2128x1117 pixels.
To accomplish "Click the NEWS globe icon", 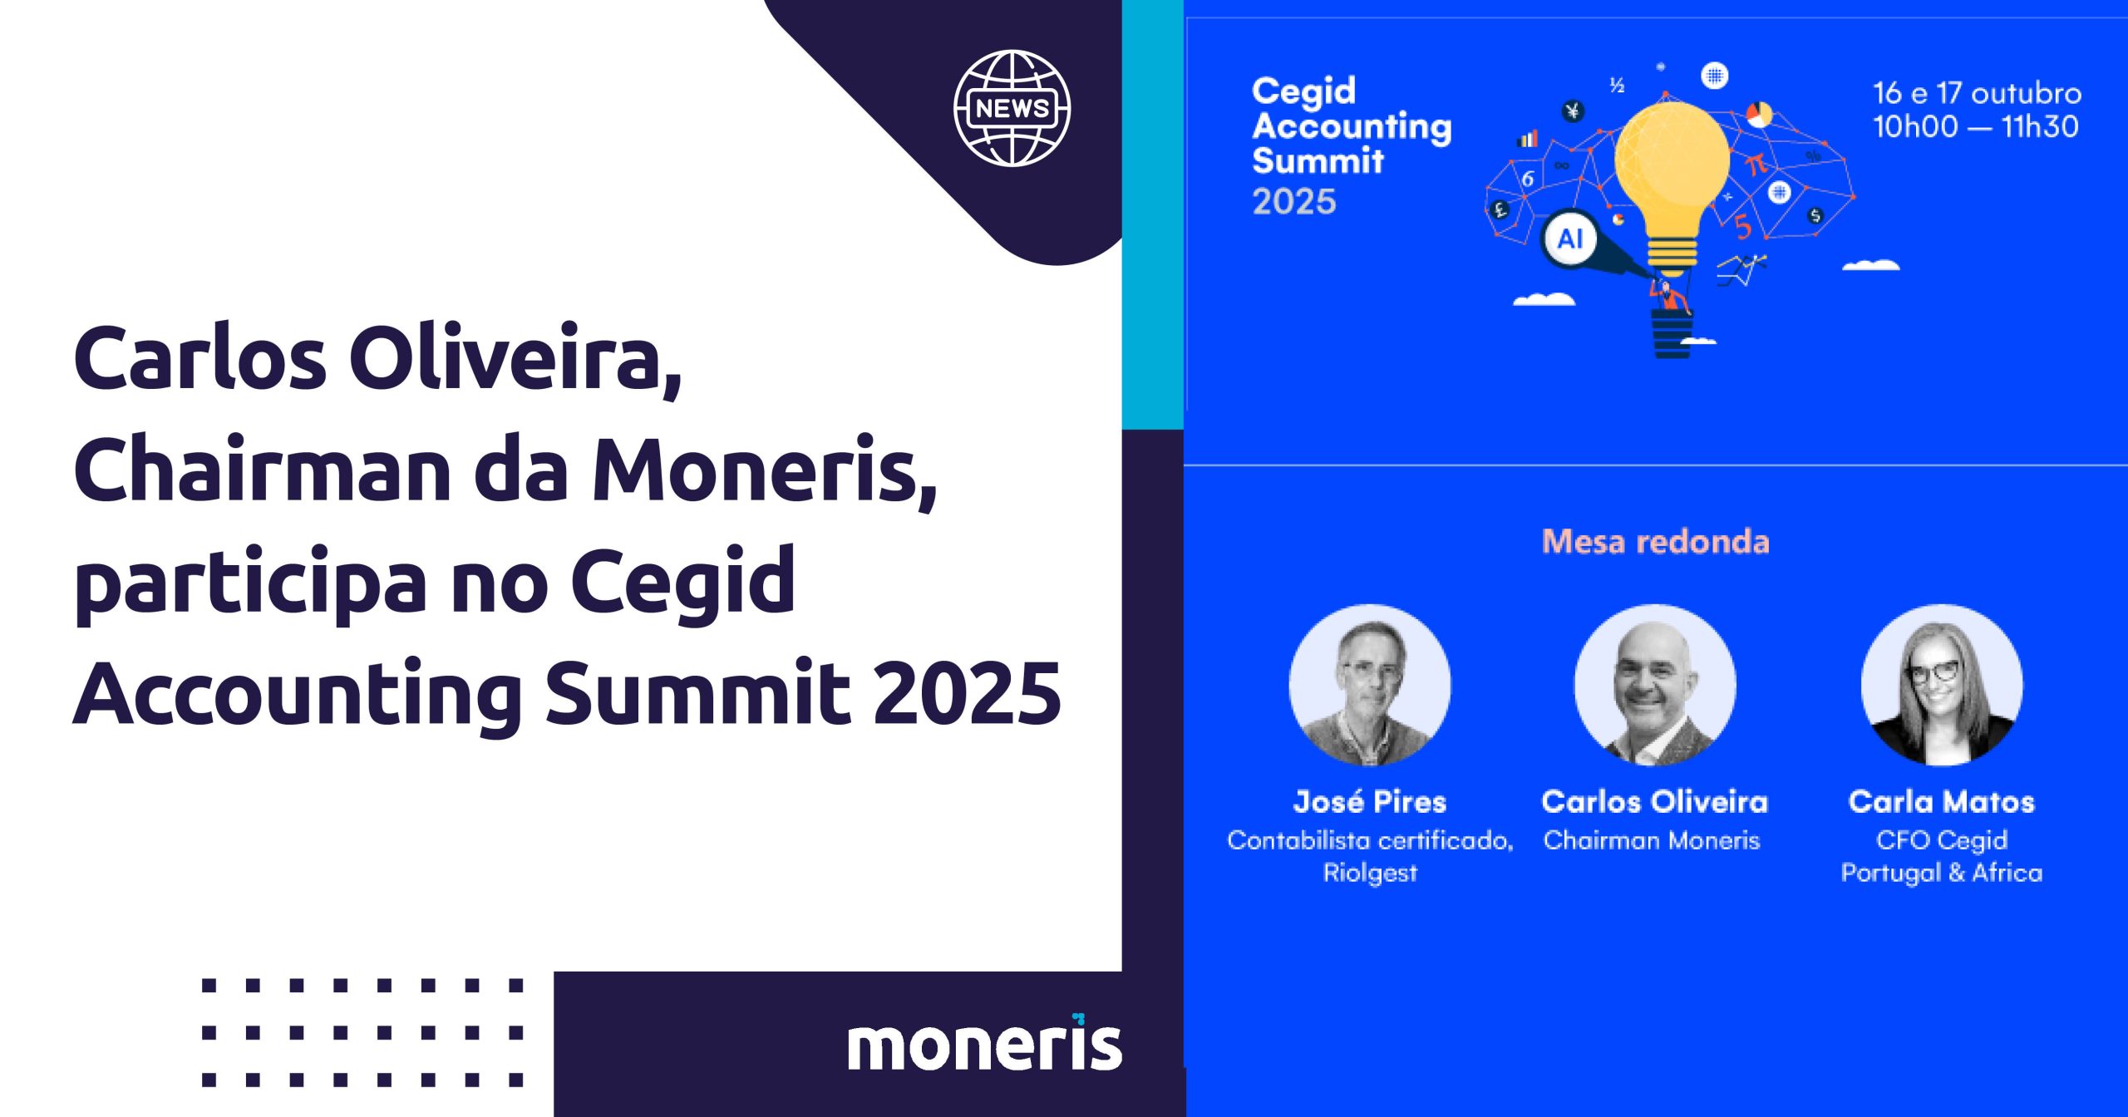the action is point(1012,108).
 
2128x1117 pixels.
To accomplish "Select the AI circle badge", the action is point(1569,239).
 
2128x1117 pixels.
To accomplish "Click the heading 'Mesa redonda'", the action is point(1656,542).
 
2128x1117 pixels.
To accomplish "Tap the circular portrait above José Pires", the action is point(1370,685).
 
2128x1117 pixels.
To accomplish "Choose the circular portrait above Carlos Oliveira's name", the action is point(1655,685).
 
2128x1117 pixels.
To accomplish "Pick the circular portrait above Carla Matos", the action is point(1942,685).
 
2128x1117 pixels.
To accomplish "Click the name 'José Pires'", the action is point(1370,801).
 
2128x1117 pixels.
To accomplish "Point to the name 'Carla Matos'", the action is point(1942,801).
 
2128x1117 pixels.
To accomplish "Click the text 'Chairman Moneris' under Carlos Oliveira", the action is point(1652,840).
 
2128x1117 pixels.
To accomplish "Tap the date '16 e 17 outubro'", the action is point(1977,93).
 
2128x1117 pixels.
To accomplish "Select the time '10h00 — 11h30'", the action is point(1975,126).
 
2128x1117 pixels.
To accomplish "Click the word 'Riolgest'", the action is point(1370,873).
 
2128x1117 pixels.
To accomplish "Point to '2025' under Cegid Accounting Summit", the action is point(1294,202).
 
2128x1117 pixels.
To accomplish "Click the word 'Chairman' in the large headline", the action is point(263,470).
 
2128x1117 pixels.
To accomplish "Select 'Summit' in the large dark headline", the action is point(697,691).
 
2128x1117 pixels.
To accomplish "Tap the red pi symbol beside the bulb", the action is point(1755,164).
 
